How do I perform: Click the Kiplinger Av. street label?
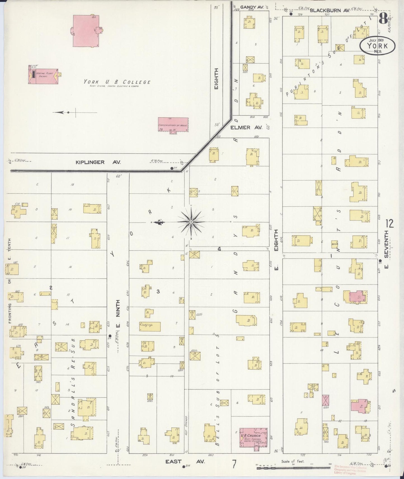98,162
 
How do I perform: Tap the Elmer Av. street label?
246,127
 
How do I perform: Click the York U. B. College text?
117,82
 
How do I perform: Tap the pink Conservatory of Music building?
173,125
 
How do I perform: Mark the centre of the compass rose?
191,222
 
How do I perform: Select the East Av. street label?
185,462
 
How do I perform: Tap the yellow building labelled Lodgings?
150,326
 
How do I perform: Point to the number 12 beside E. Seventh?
389,224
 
